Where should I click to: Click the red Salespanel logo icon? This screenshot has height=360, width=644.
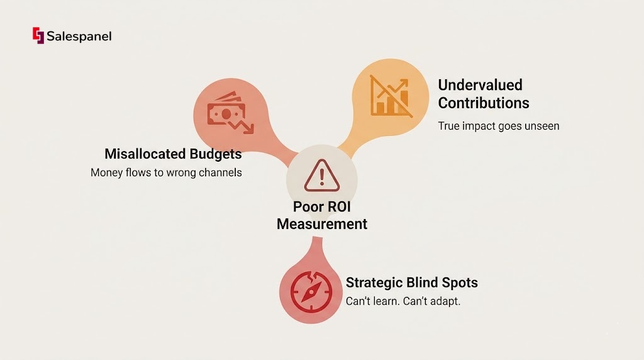tap(38, 36)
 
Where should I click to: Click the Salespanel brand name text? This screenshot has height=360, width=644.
tap(79, 37)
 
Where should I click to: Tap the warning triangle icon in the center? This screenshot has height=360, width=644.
tap(321, 176)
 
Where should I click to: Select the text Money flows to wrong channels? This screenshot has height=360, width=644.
tap(166, 172)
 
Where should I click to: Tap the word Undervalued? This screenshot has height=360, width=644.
tap(480, 85)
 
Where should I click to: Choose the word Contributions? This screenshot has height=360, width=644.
tap(484, 103)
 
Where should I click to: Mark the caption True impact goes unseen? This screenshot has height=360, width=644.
tap(498, 126)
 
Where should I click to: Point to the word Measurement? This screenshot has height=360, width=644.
tap(322, 224)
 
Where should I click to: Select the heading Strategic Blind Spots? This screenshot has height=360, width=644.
tap(412, 283)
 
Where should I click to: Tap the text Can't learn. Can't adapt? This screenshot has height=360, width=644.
tap(403, 301)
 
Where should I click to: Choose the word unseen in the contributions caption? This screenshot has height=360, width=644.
tap(540, 126)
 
